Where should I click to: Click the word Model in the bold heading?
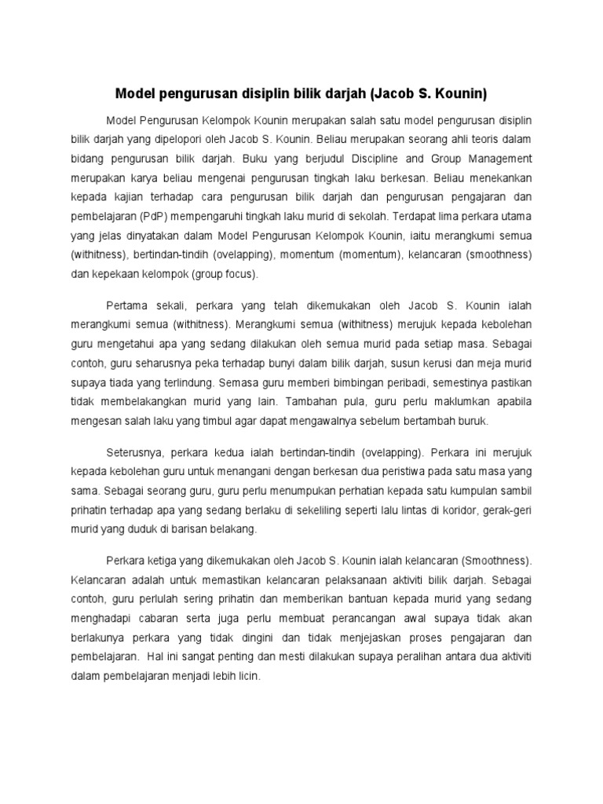(x=135, y=94)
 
